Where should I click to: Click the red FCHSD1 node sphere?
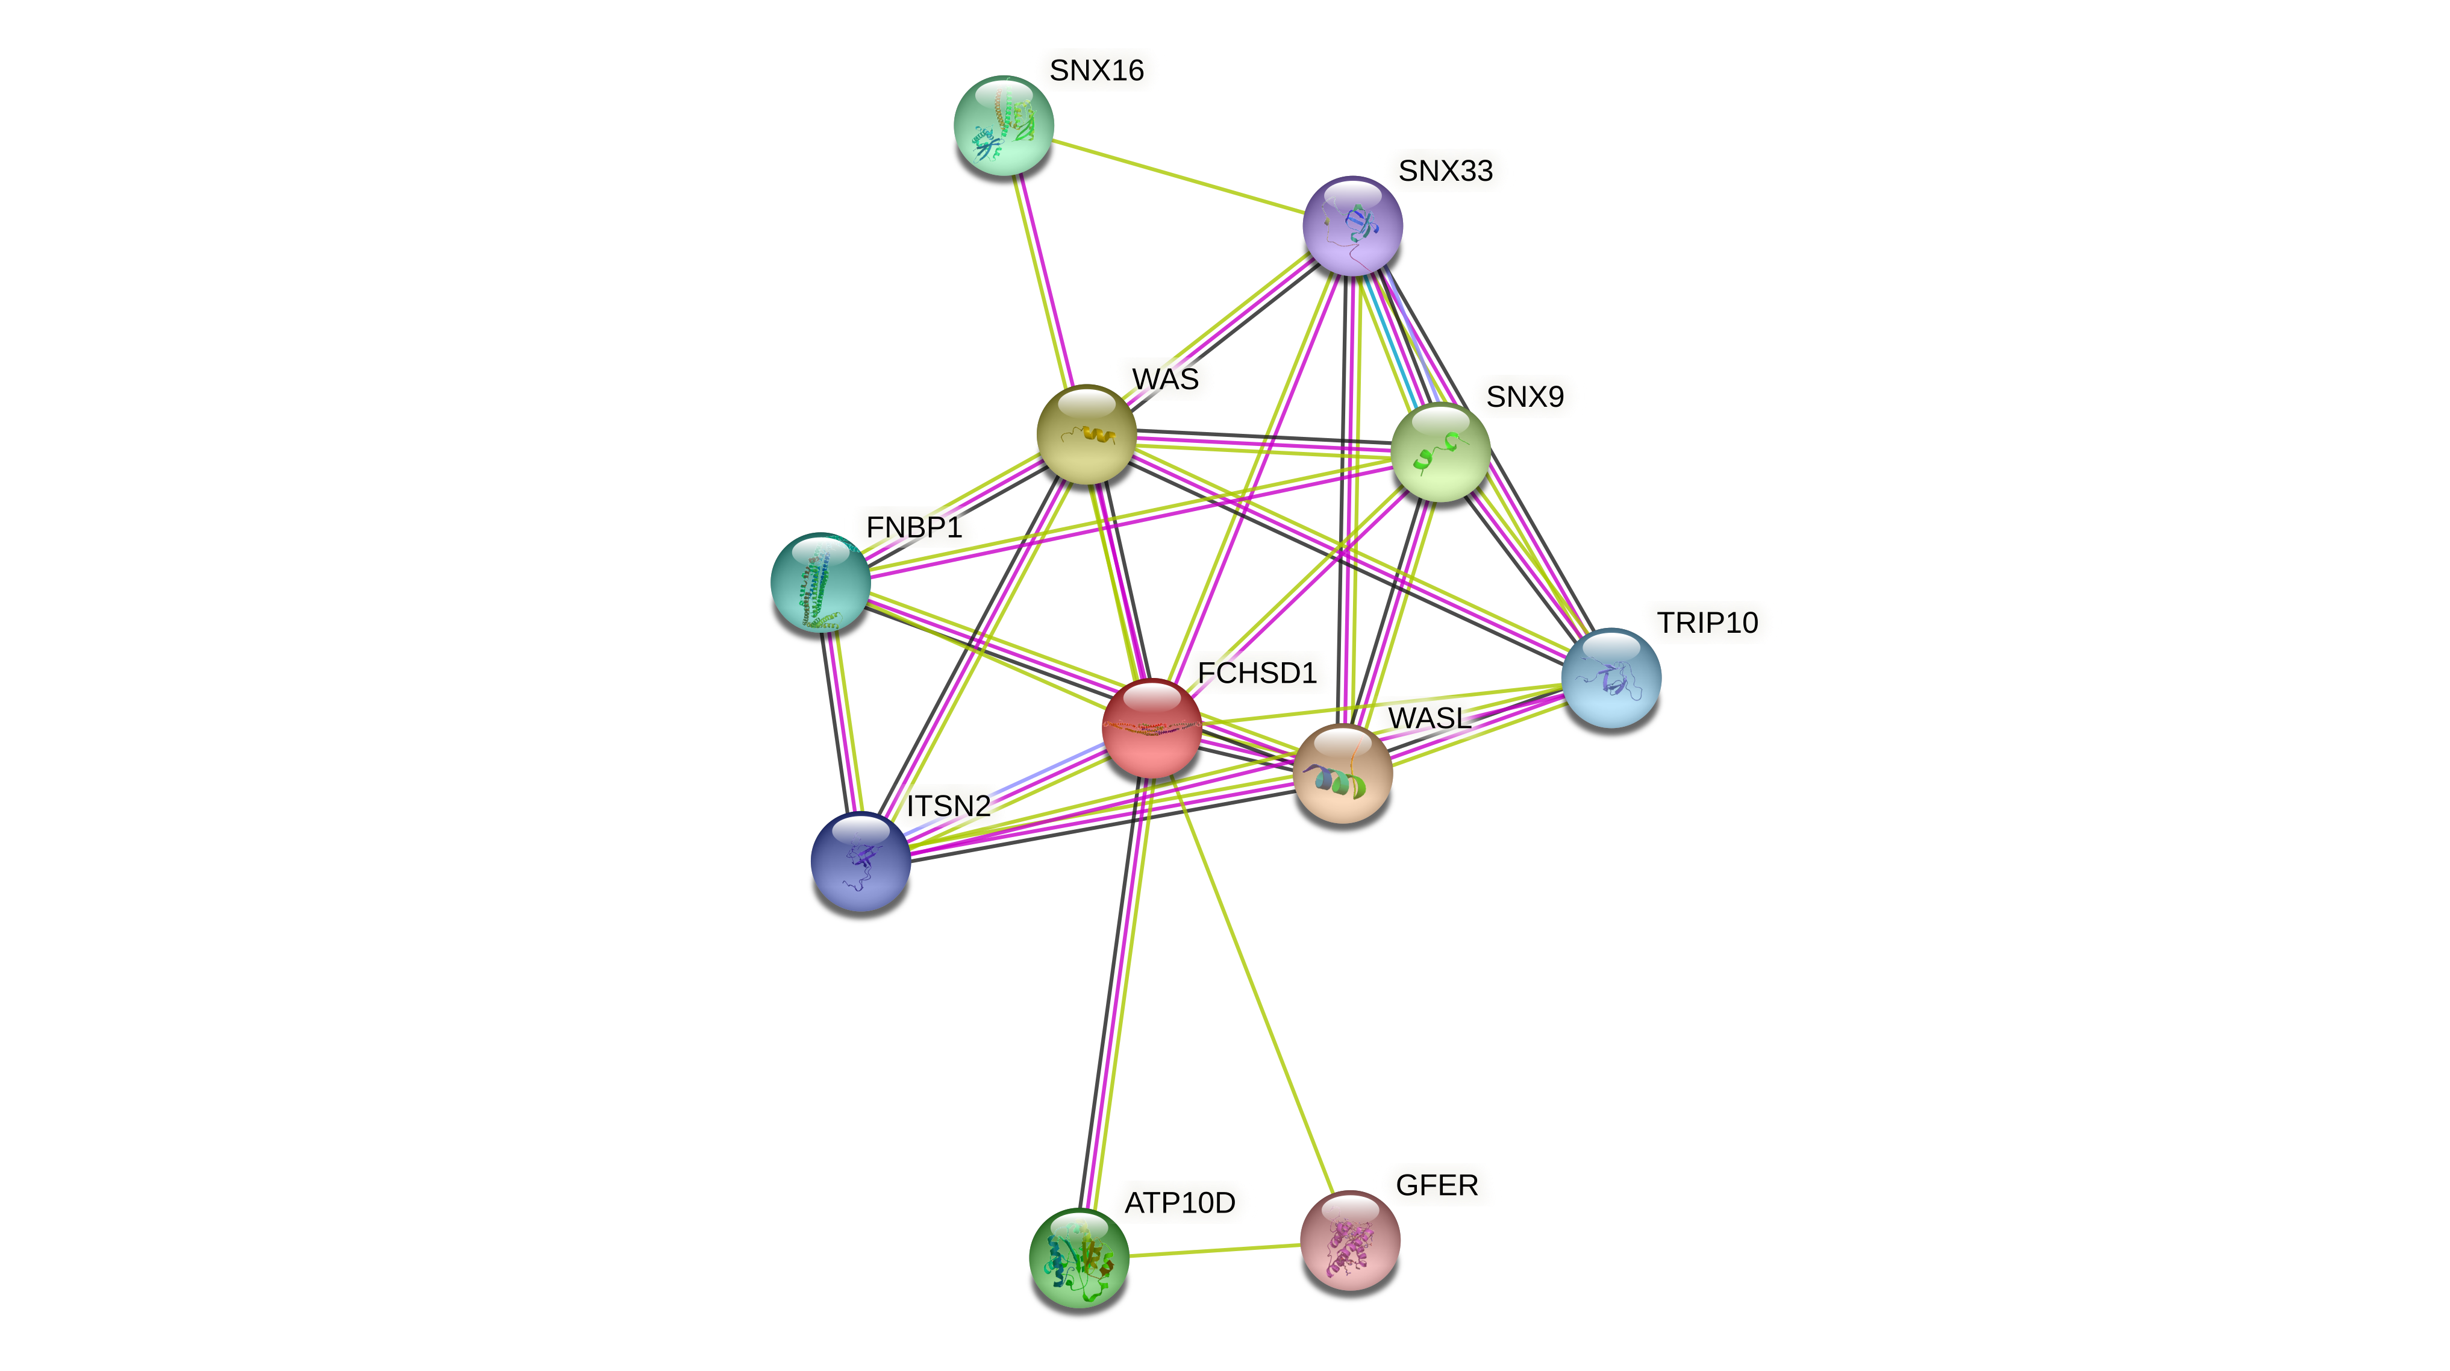pos(1151,728)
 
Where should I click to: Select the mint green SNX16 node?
pos(1004,125)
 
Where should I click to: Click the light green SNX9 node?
pos(1440,452)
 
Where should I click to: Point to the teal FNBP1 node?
pos(820,582)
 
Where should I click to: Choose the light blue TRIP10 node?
pos(1610,677)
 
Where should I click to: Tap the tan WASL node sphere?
pos(1342,773)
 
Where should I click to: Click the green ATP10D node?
pos(1078,1258)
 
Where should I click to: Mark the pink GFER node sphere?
pos(1349,1240)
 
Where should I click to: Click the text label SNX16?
pos(1096,71)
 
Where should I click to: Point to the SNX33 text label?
pos(1445,171)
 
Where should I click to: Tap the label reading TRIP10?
pos(1707,623)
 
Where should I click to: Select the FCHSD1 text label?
pos(1257,674)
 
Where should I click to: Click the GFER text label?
pos(1436,1185)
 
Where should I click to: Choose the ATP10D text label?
pos(1180,1203)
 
